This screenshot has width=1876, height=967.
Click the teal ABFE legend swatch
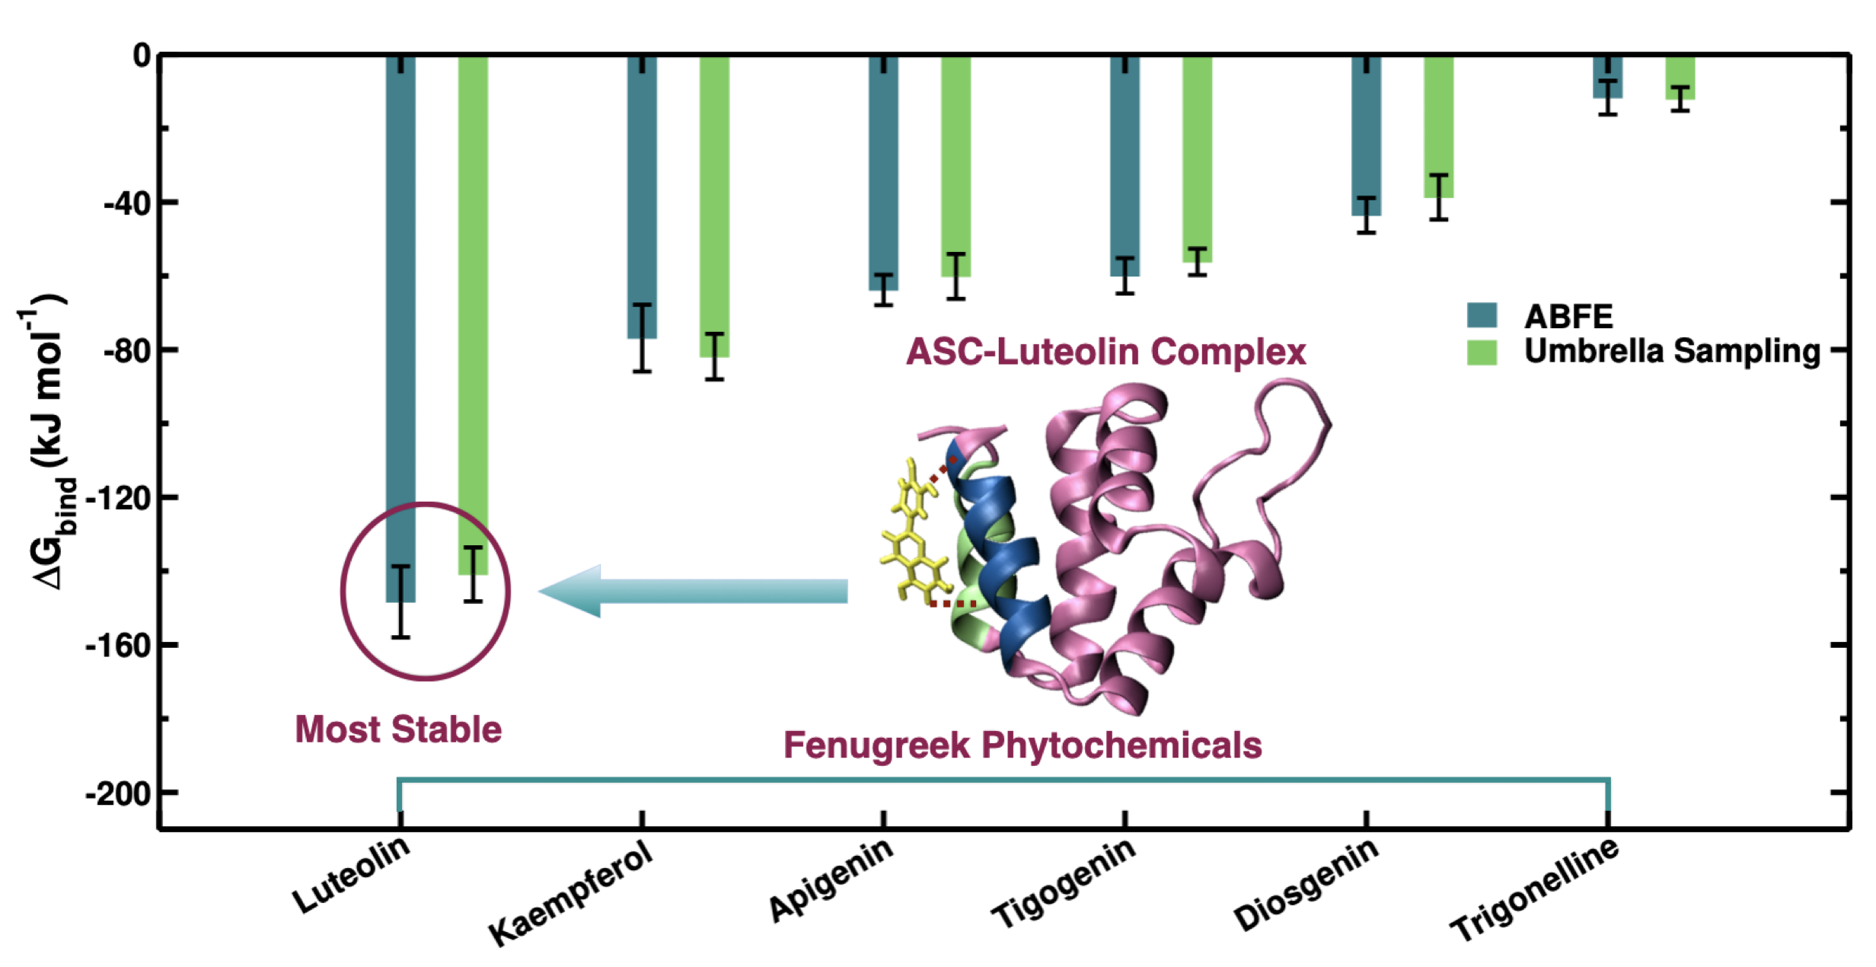pyautogui.click(x=1482, y=315)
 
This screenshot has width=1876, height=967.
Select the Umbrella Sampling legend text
pyautogui.click(x=1672, y=351)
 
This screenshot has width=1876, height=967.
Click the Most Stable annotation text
pyautogui.click(x=398, y=729)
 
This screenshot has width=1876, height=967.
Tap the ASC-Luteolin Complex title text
pyautogui.click(x=1105, y=352)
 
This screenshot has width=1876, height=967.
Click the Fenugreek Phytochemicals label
pyautogui.click(x=1023, y=745)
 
